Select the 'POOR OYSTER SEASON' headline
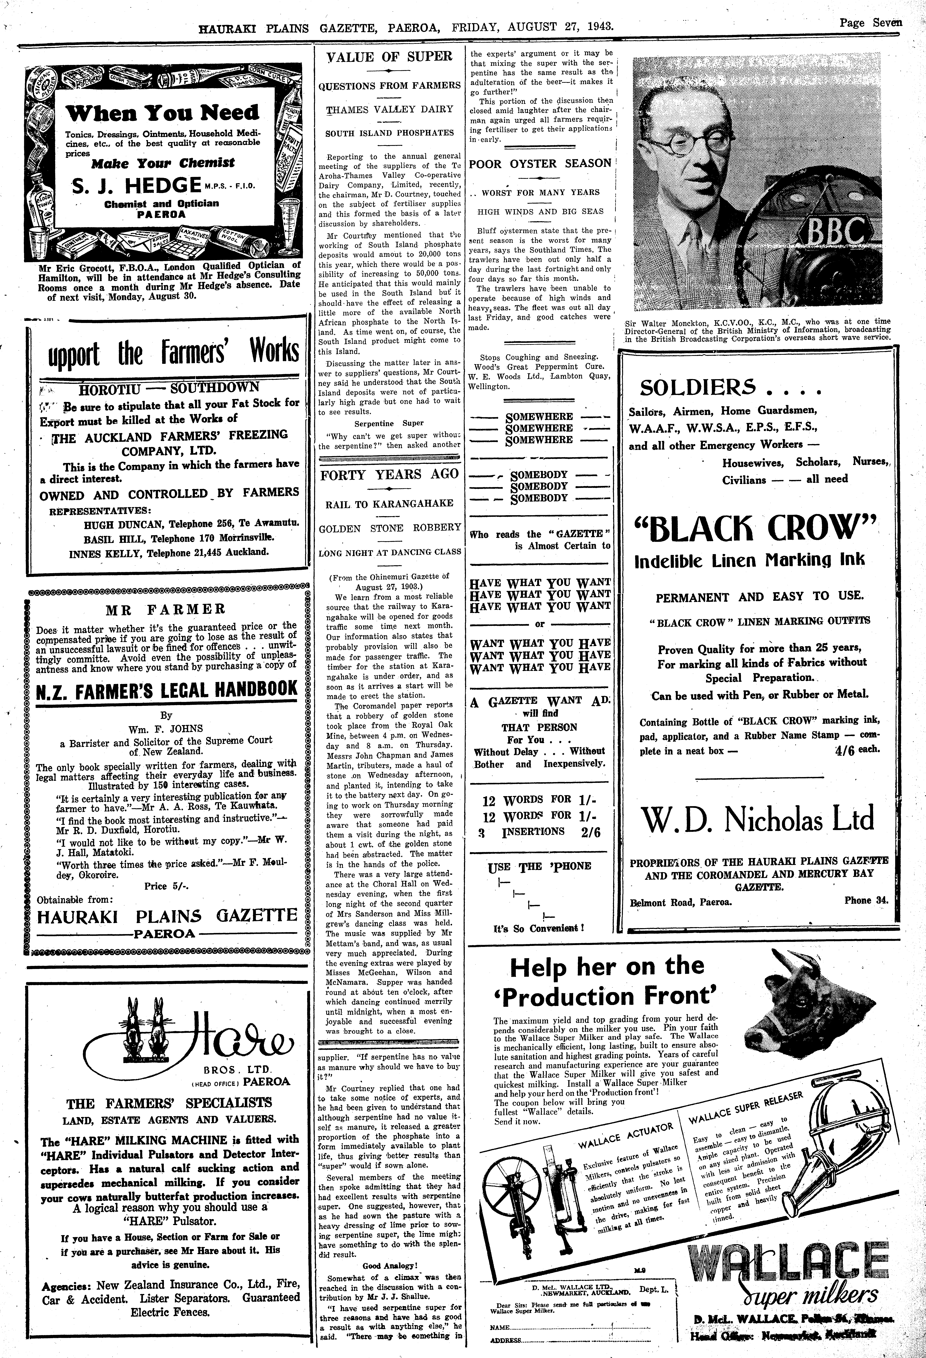pos(540,164)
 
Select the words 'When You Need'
pos(162,113)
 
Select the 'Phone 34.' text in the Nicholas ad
pos(865,900)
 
